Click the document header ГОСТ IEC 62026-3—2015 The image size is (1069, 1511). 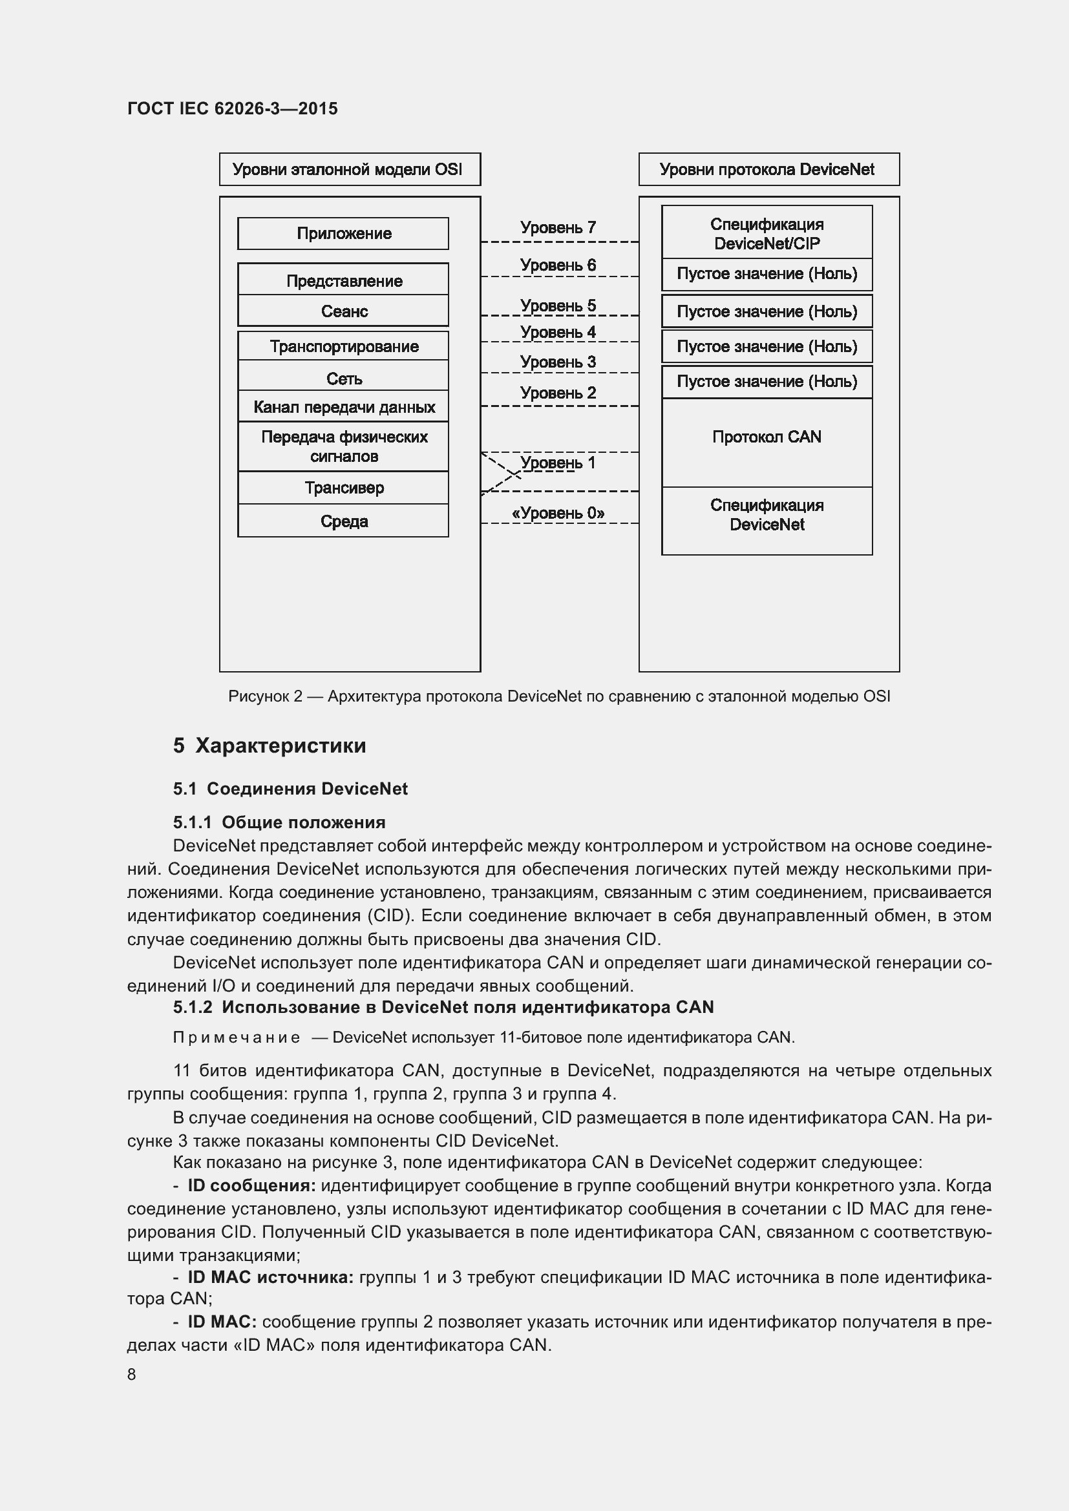[x=233, y=109]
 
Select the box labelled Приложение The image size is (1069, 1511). [x=343, y=234]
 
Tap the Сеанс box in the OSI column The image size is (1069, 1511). [x=343, y=311]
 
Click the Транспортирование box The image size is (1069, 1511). [x=343, y=346]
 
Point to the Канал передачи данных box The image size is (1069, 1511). [x=343, y=408]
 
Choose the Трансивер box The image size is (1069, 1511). [x=343, y=488]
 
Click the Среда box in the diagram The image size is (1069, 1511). [x=343, y=521]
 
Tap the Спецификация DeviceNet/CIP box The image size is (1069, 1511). [x=767, y=233]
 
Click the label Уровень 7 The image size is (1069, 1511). [x=558, y=227]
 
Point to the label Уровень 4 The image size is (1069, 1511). [x=558, y=332]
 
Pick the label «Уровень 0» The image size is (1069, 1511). [x=558, y=514]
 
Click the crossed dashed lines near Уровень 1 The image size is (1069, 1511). [x=502, y=472]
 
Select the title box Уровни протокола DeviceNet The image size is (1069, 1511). [x=768, y=170]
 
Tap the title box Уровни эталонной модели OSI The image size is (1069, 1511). [x=349, y=170]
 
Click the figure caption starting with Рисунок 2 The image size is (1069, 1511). [x=559, y=696]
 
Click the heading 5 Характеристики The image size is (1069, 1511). [x=270, y=745]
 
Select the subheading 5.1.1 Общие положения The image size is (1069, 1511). [x=279, y=822]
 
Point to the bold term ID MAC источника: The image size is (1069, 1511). [x=271, y=1277]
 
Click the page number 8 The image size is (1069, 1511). [x=132, y=1375]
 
